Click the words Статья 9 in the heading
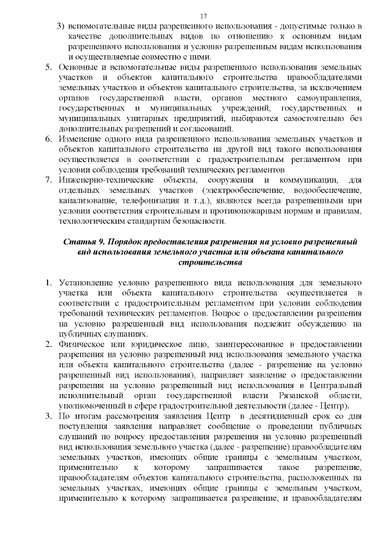click(x=83, y=242)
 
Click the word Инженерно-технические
click(x=105, y=180)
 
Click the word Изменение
click(x=83, y=139)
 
